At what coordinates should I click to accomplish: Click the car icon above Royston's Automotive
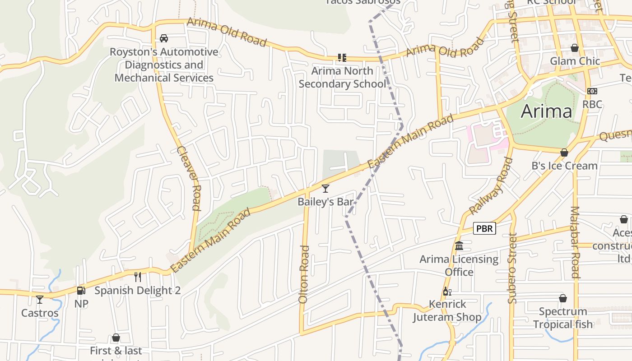164,38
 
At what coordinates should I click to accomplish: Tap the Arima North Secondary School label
342,77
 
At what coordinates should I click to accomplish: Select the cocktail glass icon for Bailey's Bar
325,189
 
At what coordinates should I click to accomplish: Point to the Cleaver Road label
189,178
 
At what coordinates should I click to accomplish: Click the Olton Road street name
304,274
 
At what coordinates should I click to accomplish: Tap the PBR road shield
484,228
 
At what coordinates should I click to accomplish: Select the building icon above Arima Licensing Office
459,246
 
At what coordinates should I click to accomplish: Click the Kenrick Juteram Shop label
447,310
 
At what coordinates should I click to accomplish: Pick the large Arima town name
546,111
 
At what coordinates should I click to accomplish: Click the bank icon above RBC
592,91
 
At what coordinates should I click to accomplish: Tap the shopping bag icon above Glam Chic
575,48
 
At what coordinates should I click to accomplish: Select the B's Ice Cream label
564,166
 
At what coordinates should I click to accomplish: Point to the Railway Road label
491,186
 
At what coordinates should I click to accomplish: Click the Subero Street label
512,268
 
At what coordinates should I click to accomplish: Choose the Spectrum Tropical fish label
563,318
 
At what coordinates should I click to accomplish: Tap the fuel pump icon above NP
81,291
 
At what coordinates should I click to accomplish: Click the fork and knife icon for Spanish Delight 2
138,277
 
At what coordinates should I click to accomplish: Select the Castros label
40,313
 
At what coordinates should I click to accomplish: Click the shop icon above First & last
116,338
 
